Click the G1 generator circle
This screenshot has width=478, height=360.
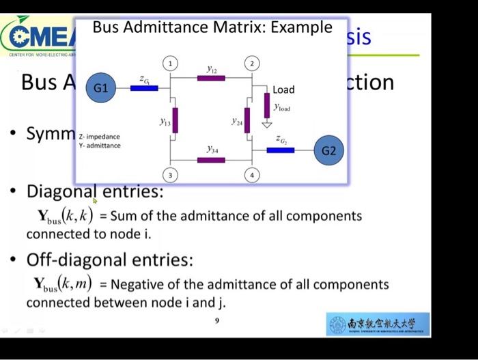100,88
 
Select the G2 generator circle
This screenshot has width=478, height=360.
328,150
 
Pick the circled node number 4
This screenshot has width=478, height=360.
252,176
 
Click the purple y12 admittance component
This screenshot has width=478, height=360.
211,78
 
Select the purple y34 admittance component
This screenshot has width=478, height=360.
211,161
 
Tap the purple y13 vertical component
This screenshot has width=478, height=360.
175,120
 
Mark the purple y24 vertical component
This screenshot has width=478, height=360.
247,120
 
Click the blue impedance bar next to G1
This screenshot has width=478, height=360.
144,87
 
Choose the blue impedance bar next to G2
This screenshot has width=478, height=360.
280,150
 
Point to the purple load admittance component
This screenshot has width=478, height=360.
267,104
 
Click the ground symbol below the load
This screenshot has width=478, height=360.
267,124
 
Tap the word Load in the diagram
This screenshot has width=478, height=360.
283,89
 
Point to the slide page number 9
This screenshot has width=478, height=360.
216,320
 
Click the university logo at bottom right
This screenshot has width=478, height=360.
378,324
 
